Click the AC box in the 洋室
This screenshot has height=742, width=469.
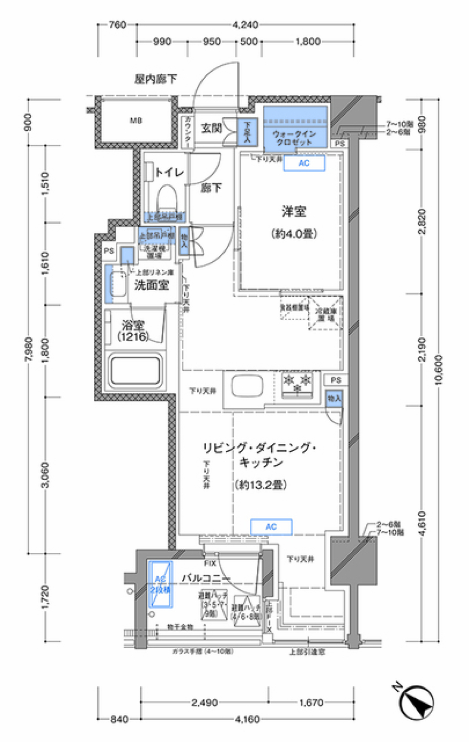click(304, 163)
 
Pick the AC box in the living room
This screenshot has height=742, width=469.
click(271, 526)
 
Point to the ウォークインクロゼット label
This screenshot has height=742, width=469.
click(294, 138)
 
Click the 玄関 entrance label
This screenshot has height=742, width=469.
click(212, 128)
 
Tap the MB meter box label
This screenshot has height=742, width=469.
click(136, 120)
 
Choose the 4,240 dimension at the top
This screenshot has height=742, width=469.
click(245, 24)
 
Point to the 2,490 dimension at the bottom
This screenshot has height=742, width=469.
click(204, 702)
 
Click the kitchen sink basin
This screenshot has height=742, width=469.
click(247, 386)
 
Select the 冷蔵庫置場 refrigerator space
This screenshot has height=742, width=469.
click(325, 314)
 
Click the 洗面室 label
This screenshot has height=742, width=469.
click(151, 285)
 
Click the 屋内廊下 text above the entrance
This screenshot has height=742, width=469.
click(156, 79)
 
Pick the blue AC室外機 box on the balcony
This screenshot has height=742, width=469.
click(160, 584)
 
